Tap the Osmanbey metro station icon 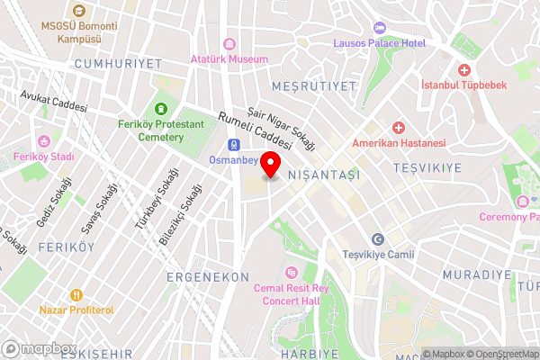234,144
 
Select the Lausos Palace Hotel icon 377,27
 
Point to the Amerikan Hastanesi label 399,143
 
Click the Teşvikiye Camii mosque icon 378,238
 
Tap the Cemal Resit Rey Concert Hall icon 290,272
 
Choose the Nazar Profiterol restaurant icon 76,294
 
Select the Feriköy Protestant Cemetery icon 162,108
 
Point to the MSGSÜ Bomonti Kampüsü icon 78,11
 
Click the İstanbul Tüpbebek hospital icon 464,70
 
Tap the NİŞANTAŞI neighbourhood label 323,175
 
